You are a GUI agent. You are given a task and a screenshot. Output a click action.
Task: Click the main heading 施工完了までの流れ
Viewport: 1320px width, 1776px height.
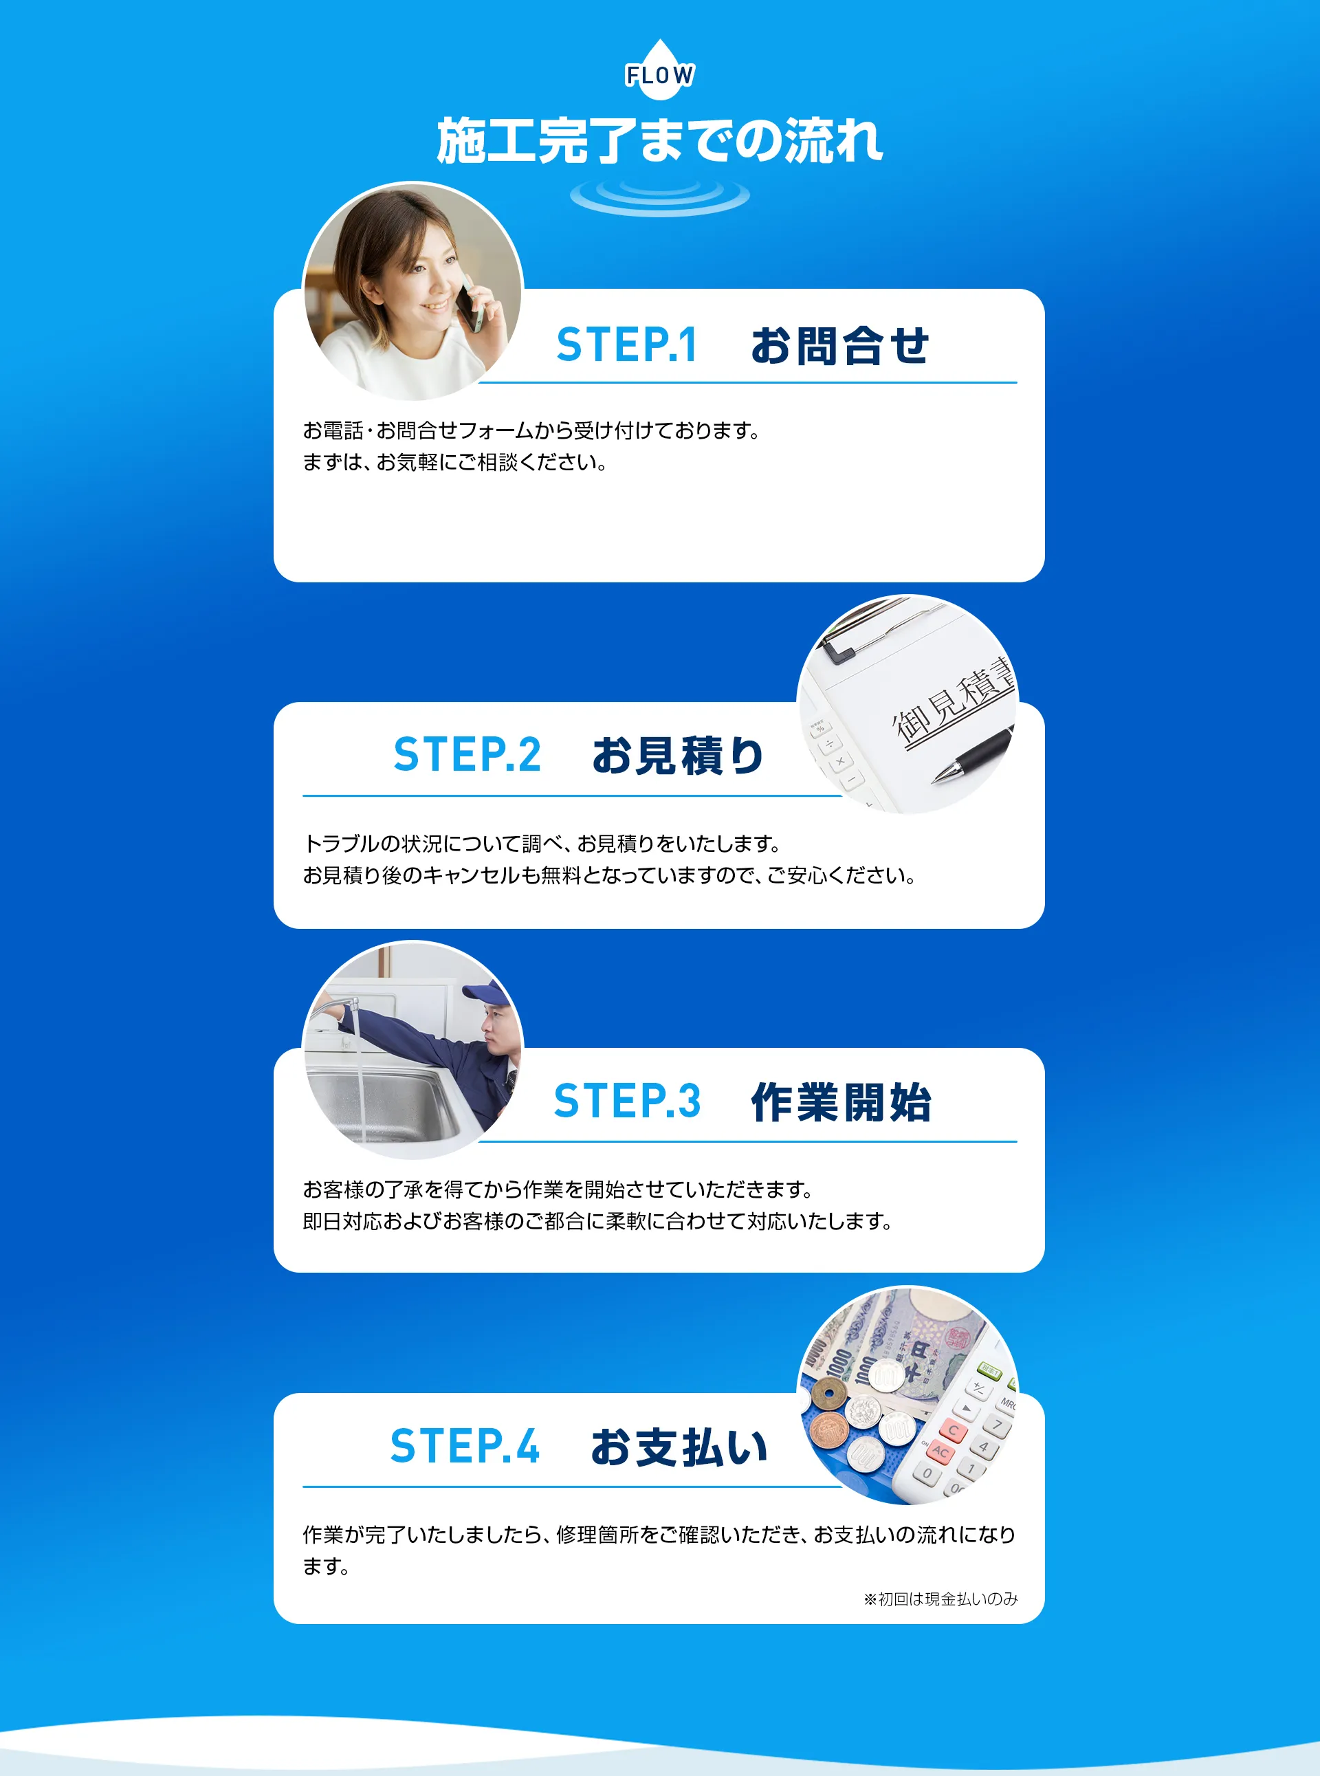(659, 142)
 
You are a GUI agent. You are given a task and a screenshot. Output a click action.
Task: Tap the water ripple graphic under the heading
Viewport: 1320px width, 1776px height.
(659, 196)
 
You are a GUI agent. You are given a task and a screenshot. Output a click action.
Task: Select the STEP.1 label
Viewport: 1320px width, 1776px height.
(626, 345)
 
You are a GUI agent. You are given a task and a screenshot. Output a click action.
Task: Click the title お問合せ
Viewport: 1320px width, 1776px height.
(839, 346)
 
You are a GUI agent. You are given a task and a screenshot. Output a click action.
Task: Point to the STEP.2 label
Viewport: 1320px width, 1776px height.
(467, 755)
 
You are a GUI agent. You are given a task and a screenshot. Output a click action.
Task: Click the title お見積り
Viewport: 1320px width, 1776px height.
(678, 756)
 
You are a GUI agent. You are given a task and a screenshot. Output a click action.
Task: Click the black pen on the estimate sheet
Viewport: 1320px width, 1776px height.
(974, 755)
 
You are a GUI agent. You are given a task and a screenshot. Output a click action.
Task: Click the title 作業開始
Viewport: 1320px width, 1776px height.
(841, 1102)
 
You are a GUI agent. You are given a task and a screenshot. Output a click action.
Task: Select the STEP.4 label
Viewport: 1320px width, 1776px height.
(464, 1446)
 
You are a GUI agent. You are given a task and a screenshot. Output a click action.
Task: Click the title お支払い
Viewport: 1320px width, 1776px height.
(679, 1447)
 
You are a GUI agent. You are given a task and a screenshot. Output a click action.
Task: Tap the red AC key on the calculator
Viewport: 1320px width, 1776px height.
(940, 1451)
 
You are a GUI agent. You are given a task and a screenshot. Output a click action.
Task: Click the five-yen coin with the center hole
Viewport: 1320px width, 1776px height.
(828, 1396)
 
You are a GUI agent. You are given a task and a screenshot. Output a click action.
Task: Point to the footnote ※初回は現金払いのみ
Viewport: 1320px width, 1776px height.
(940, 1599)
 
